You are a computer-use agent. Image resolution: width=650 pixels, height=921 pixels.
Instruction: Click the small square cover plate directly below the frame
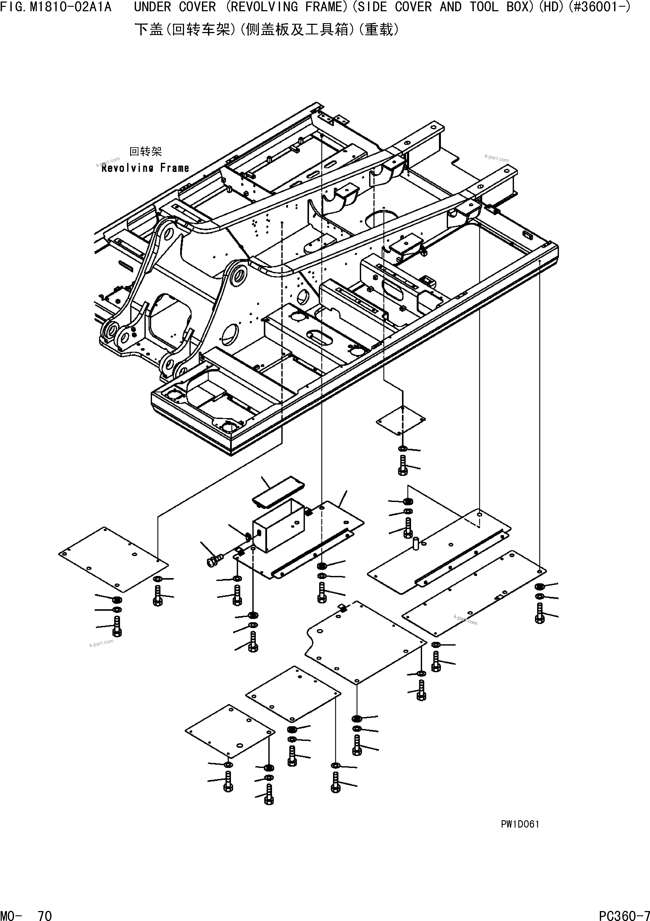point(400,420)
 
